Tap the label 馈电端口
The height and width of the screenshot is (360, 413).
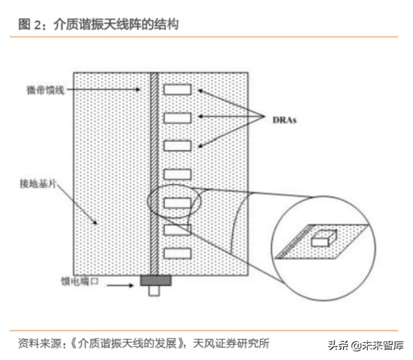pyautogui.click(x=78, y=284)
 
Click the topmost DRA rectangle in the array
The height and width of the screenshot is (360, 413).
pyautogui.click(x=177, y=90)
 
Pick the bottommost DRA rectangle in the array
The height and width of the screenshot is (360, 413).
pyautogui.click(x=177, y=253)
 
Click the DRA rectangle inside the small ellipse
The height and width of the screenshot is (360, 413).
pyautogui.click(x=177, y=202)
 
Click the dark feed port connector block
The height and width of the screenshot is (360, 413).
pyautogui.click(x=154, y=279)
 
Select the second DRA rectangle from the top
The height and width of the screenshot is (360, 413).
pyautogui.click(x=177, y=117)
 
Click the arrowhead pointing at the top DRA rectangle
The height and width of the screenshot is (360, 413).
pyautogui.click(x=202, y=91)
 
